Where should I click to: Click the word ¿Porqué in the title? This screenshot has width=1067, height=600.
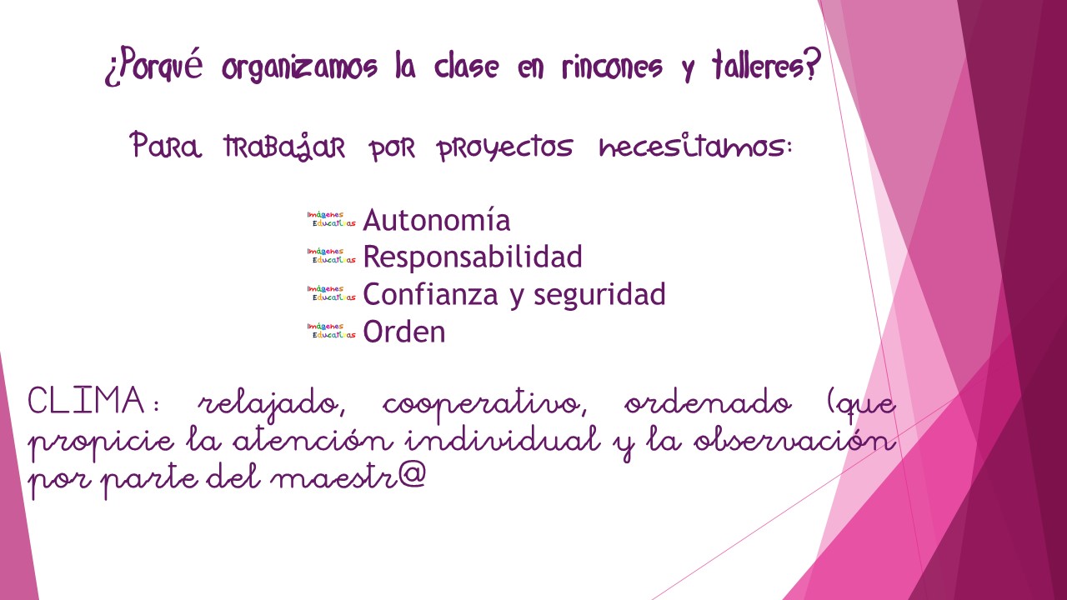pyautogui.click(x=153, y=66)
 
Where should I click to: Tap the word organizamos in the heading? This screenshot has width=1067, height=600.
pyautogui.click(x=299, y=67)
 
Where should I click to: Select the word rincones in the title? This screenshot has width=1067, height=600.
pyautogui.click(x=612, y=67)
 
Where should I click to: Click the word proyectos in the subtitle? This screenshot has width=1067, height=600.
pyautogui.click(x=505, y=147)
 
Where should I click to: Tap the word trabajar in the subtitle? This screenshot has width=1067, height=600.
pyautogui.click(x=284, y=146)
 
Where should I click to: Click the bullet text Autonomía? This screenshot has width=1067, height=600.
pyautogui.click(x=436, y=220)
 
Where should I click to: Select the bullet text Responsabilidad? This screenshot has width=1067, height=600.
pyautogui.click(x=473, y=257)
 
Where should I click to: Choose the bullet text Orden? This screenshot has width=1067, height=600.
pyautogui.click(x=404, y=332)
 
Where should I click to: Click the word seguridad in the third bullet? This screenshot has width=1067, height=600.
pyautogui.click(x=599, y=294)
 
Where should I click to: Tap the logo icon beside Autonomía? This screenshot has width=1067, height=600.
pyautogui.click(x=332, y=219)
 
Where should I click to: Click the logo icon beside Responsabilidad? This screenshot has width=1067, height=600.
pyautogui.click(x=332, y=256)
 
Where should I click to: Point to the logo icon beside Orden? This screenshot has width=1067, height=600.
pyautogui.click(x=332, y=331)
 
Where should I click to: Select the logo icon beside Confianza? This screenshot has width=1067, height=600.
pyautogui.click(x=332, y=292)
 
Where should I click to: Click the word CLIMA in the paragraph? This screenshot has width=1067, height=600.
pyautogui.click(x=86, y=400)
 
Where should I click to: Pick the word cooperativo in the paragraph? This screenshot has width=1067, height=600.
pyautogui.click(x=484, y=405)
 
